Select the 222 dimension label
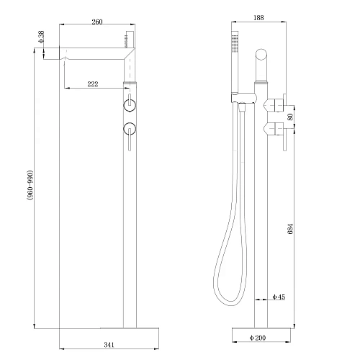93,84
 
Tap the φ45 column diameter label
279,297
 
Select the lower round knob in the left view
130,130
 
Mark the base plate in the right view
261,326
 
